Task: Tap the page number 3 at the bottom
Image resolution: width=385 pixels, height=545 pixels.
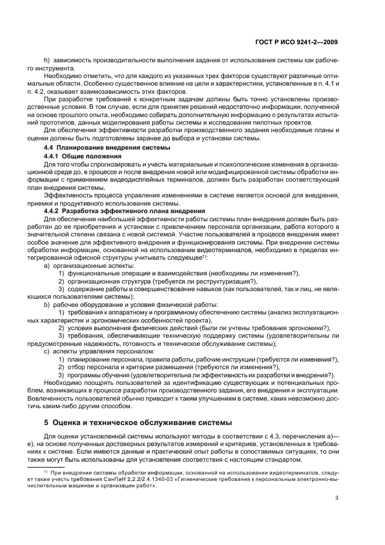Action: [337, 497]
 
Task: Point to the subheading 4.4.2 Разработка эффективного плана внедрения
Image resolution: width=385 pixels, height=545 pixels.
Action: [124, 210]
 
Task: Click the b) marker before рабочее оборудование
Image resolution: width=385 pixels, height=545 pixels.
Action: [47, 304]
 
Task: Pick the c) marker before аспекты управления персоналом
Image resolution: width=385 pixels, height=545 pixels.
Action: [47, 352]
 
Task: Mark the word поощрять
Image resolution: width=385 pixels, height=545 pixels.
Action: [95, 383]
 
